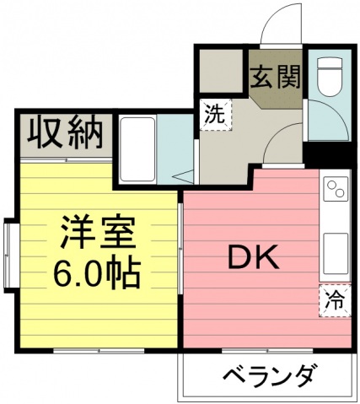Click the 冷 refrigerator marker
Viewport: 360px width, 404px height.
point(333,299)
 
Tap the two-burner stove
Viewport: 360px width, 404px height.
point(335,190)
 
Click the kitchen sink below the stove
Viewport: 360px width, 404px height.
point(335,250)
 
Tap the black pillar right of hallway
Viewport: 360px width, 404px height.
point(324,155)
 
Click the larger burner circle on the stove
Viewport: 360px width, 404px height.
point(330,186)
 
